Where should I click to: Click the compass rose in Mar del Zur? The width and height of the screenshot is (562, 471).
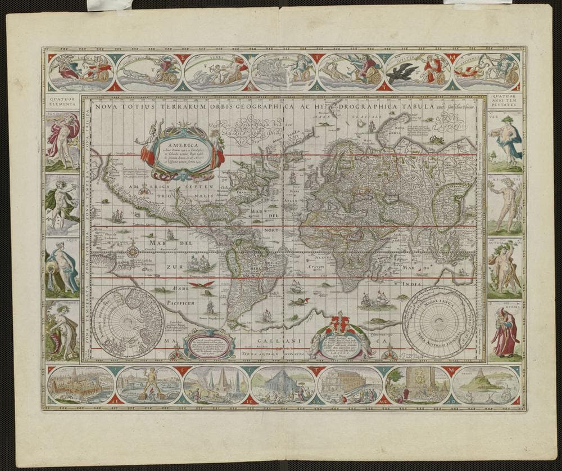coord(133,250)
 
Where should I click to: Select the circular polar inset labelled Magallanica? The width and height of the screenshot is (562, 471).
coord(439,322)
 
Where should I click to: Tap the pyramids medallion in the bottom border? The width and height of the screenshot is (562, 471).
coord(216,385)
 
